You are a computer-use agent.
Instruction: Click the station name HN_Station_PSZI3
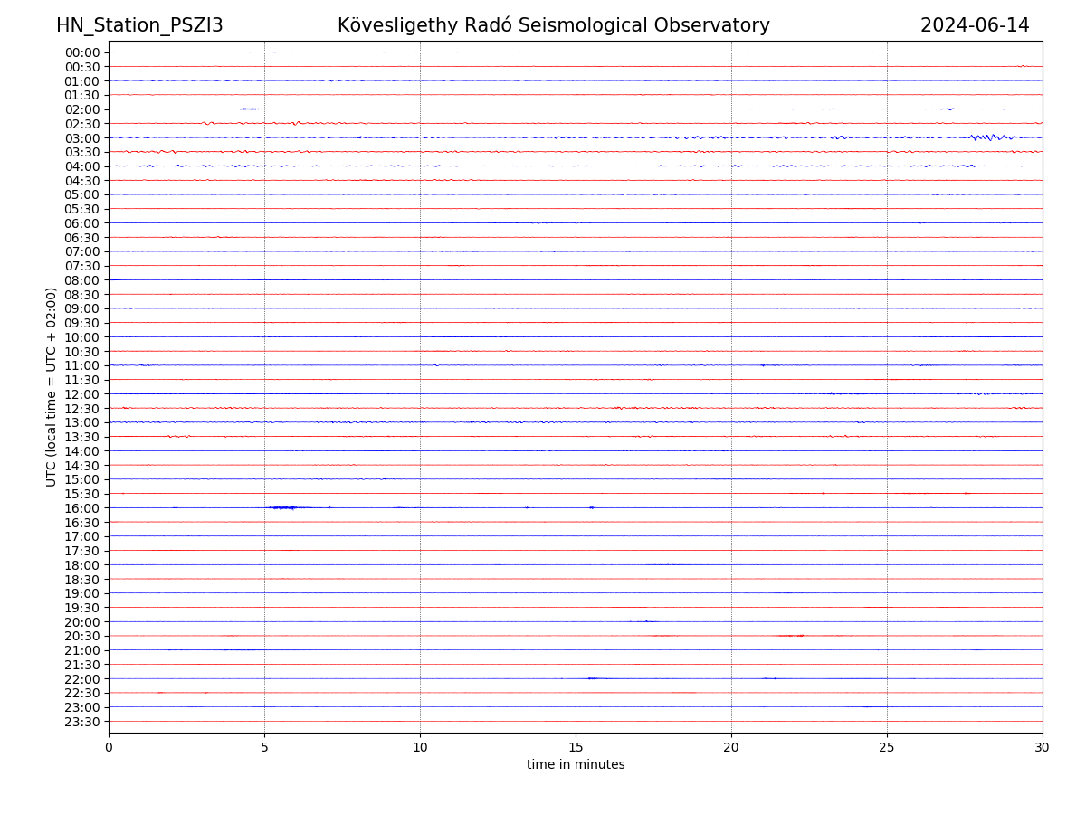click(x=139, y=25)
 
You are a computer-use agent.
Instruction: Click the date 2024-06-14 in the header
click(x=975, y=25)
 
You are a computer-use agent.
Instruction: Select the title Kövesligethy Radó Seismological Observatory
click(x=553, y=25)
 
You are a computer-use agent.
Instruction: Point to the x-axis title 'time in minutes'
click(x=576, y=765)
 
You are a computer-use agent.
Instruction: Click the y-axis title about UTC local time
click(x=52, y=386)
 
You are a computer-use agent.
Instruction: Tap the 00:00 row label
click(x=81, y=52)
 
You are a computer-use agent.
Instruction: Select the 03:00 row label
click(x=81, y=137)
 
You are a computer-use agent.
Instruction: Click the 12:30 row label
click(x=81, y=408)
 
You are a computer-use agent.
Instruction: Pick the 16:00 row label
click(x=81, y=507)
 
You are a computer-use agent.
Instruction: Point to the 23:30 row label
click(x=81, y=721)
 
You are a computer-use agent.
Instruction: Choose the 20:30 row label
click(x=81, y=636)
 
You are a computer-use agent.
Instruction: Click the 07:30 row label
click(x=81, y=266)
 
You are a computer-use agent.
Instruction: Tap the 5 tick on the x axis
click(x=264, y=747)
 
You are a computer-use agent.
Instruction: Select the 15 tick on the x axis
click(x=576, y=747)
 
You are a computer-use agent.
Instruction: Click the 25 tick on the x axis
click(x=887, y=747)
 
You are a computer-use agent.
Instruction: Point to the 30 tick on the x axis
click(x=1043, y=747)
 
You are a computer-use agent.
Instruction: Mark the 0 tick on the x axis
click(x=109, y=747)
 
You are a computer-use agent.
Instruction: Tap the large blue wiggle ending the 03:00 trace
click(x=986, y=137)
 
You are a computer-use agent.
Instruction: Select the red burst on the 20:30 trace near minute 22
click(x=791, y=636)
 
